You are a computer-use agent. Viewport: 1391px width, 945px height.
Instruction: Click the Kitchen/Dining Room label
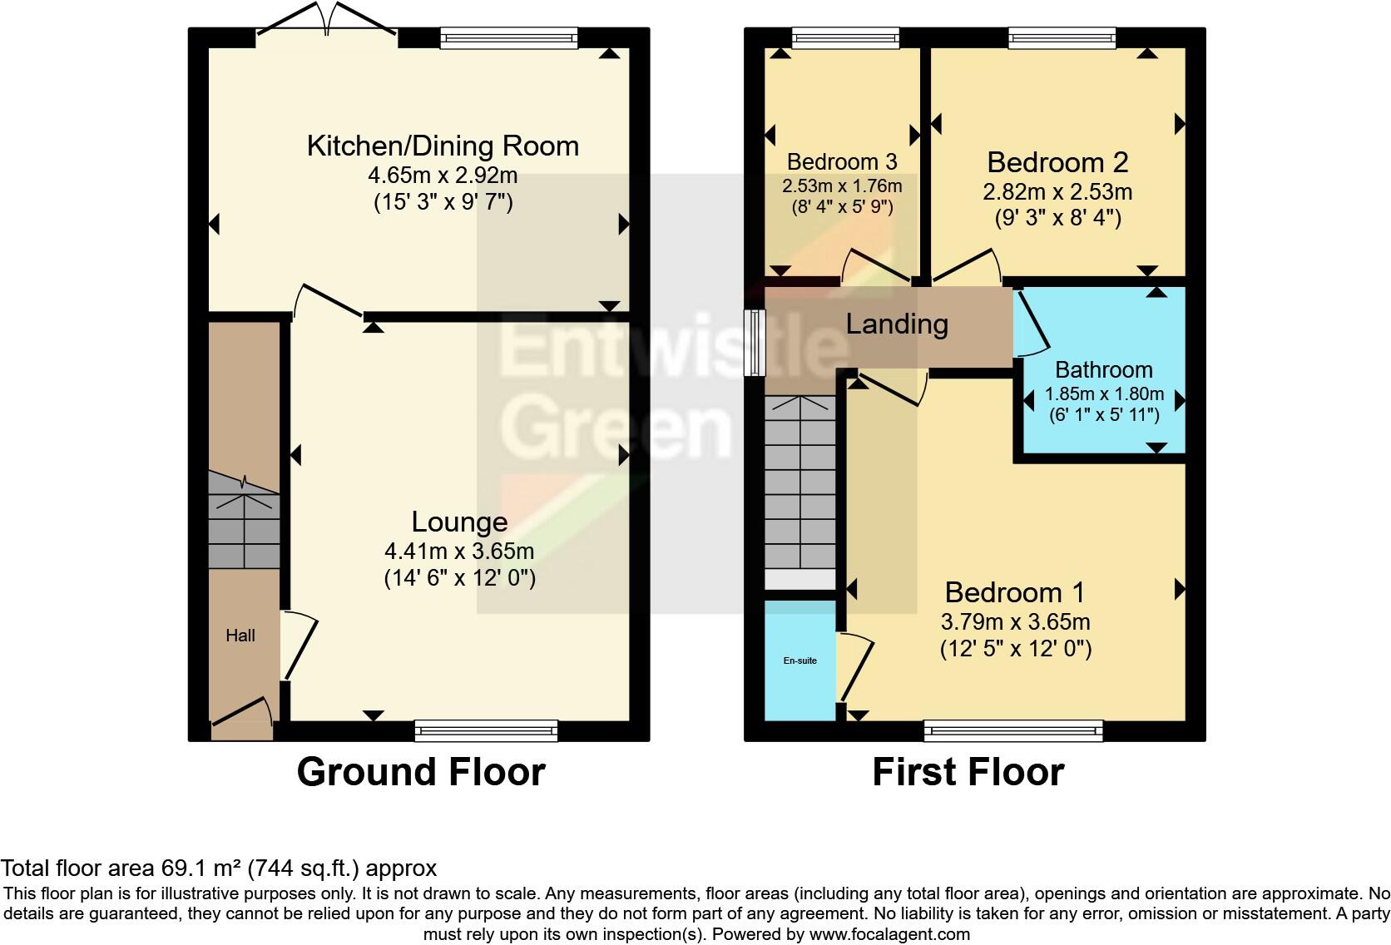coord(443,146)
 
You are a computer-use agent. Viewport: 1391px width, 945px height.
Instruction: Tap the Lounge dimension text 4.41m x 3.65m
coord(459,551)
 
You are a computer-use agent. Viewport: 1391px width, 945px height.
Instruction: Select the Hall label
coord(240,636)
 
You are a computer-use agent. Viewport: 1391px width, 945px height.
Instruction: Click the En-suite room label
coord(800,661)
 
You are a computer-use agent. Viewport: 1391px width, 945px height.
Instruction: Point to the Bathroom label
coord(1103,369)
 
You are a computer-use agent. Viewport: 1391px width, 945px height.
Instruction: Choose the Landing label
coord(897,324)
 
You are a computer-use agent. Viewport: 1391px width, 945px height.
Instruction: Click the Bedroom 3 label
coord(842,161)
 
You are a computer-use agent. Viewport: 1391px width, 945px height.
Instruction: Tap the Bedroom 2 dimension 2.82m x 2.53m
coord(1057,191)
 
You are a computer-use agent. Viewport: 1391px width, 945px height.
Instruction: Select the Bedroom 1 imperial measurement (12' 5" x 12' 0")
coord(1015,649)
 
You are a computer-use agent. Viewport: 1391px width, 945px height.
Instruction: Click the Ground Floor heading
coord(421,772)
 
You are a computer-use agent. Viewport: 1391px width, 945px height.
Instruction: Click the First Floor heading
coord(968,772)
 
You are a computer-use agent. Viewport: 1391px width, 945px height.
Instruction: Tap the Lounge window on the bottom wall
coord(487,731)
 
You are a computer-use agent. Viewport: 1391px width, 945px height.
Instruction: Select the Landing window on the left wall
coord(755,343)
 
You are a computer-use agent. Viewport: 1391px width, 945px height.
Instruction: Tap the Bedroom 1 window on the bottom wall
coord(1013,731)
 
